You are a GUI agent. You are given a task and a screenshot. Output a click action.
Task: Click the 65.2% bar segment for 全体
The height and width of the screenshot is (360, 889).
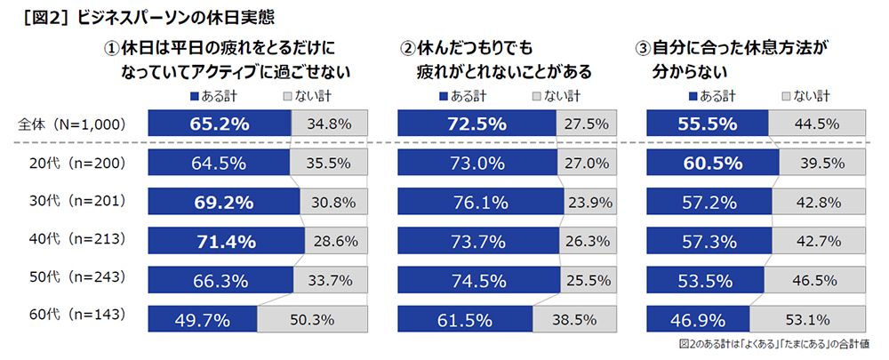tap(219, 124)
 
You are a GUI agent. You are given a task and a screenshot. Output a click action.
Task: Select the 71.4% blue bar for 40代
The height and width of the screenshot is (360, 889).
tap(227, 241)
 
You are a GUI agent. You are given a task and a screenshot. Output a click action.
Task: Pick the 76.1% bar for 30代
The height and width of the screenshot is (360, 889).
tap(480, 202)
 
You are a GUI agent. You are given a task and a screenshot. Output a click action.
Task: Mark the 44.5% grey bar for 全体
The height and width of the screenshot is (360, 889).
tap(818, 124)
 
